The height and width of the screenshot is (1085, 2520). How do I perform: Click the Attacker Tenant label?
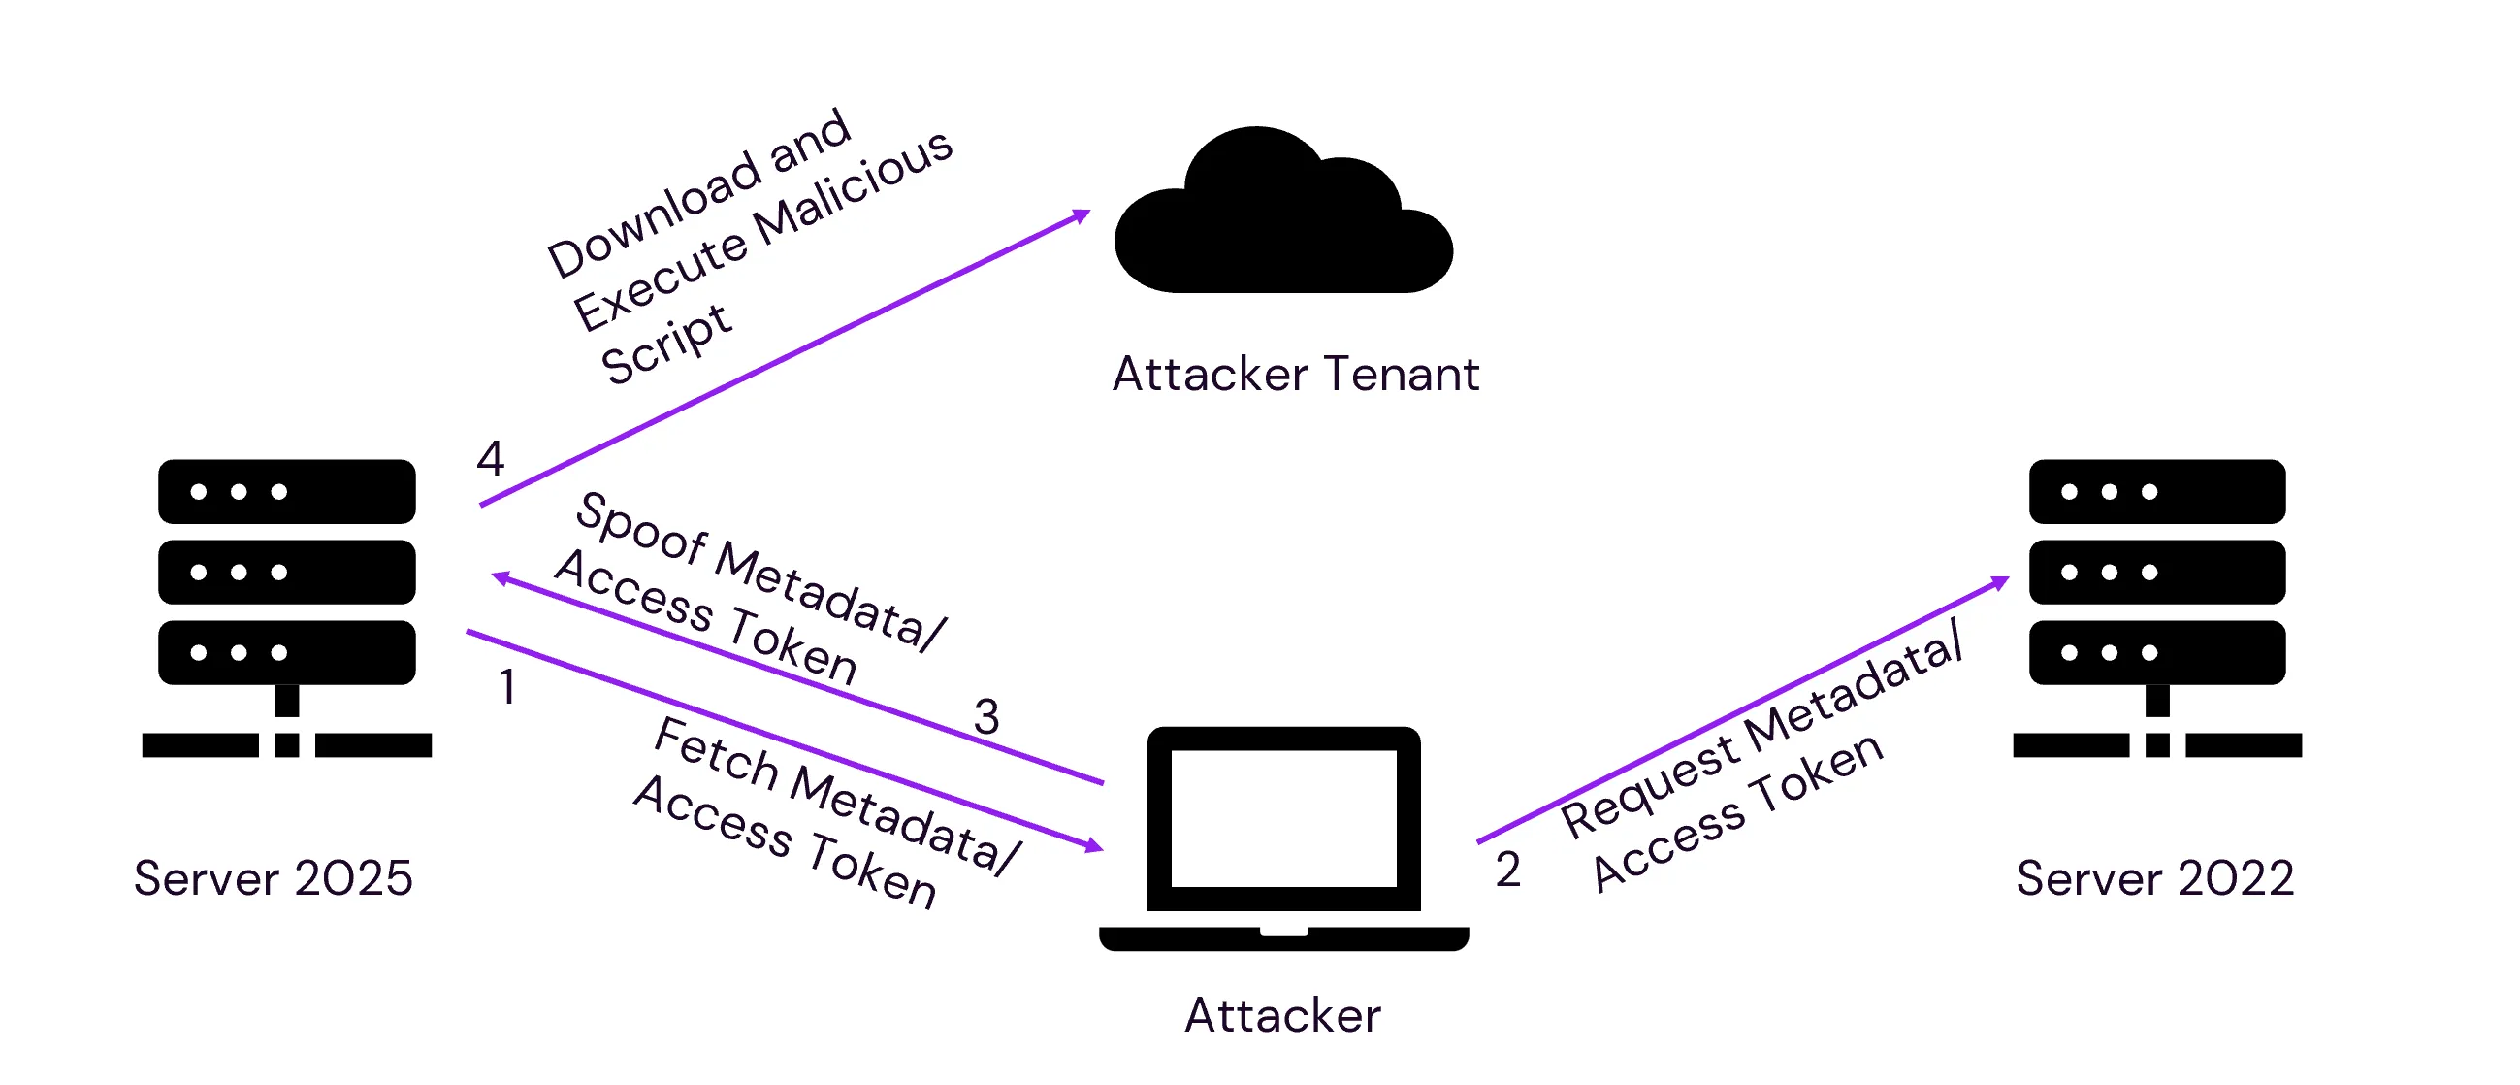(x=1295, y=375)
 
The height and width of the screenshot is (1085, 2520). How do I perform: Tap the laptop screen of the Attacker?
(x=1283, y=819)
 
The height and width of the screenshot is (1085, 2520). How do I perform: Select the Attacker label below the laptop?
(x=1282, y=1015)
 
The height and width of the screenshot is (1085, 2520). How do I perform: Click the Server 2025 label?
(x=273, y=878)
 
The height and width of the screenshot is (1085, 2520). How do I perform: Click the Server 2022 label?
(x=2155, y=878)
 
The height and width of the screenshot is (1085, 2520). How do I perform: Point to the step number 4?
(x=490, y=458)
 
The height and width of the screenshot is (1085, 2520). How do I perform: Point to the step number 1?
(x=506, y=687)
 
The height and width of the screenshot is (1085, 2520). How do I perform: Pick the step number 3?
(x=986, y=717)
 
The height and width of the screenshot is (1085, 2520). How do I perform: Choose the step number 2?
(x=1507, y=870)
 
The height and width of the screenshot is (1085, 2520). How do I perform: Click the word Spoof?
(x=641, y=528)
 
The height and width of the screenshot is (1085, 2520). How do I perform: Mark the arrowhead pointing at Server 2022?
(x=2000, y=583)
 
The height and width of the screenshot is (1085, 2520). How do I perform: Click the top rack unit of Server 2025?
(x=287, y=491)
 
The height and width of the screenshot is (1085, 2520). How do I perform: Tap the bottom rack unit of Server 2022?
(x=2157, y=652)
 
